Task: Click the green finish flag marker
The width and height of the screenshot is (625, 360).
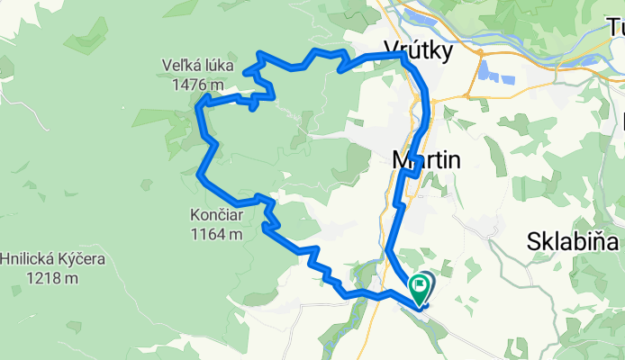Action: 420,289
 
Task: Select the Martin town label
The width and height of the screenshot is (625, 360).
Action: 427,160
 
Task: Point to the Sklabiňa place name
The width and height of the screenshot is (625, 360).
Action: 575,242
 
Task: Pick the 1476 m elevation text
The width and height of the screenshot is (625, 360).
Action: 194,85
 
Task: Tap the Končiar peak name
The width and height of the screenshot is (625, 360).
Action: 217,217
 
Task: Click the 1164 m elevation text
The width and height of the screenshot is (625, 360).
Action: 217,235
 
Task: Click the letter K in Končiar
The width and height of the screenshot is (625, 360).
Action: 195,217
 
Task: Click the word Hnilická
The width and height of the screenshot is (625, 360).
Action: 27,259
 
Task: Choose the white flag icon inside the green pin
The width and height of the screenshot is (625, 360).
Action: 420,286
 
